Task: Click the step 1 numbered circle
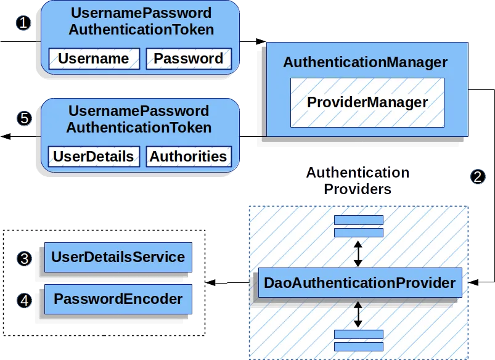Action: [x=23, y=23]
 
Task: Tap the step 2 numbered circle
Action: [x=478, y=176]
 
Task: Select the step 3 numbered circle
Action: [x=24, y=259]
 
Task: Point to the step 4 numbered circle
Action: [x=24, y=300]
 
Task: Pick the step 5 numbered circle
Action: [x=24, y=118]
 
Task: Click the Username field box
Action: [x=94, y=59]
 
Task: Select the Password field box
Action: [x=189, y=59]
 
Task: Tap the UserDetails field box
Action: [x=94, y=157]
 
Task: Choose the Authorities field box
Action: [x=189, y=157]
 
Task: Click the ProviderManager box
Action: [x=367, y=102]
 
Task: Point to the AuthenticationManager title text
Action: [x=366, y=62]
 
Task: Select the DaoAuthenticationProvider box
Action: [x=360, y=282]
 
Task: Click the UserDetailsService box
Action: [x=118, y=257]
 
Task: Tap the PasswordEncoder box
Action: [x=118, y=299]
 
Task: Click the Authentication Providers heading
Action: [x=358, y=181]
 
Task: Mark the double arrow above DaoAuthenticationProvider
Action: [x=358, y=253]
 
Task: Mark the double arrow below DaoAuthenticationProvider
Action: [x=358, y=314]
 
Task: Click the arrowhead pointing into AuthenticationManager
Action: [x=261, y=41]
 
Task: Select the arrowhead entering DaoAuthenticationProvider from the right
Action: [x=473, y=282]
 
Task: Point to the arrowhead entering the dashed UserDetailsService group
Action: [x=211, y=282]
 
